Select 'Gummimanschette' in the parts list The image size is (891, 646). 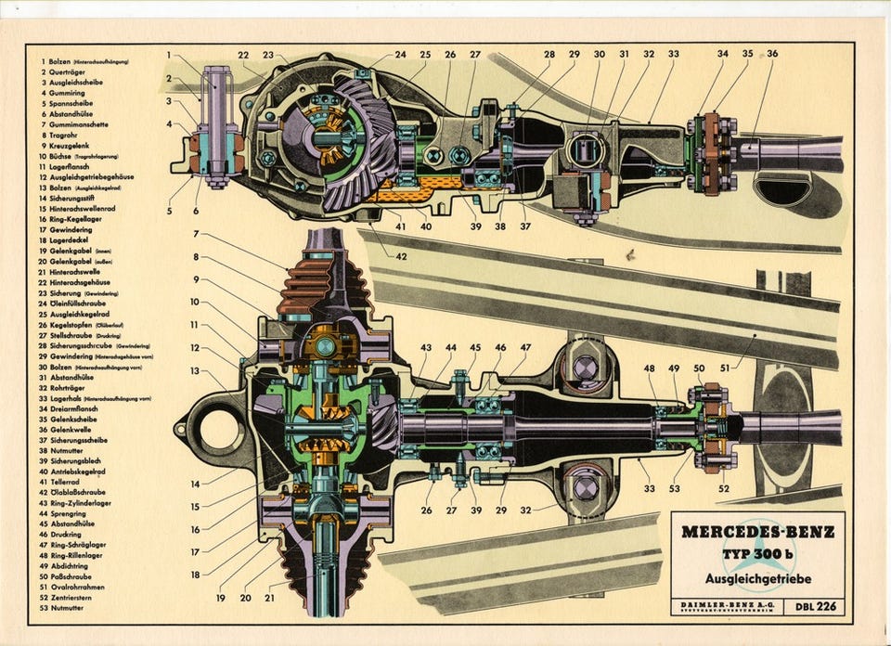pyautogui.click(x=77, y=123)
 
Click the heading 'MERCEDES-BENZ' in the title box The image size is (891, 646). pyautogui.click(x=757, y=533)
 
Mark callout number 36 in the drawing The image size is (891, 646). pyautogui.click(x=772, y=55)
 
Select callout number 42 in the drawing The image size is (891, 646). pyautogui.click(x=401, y=256)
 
